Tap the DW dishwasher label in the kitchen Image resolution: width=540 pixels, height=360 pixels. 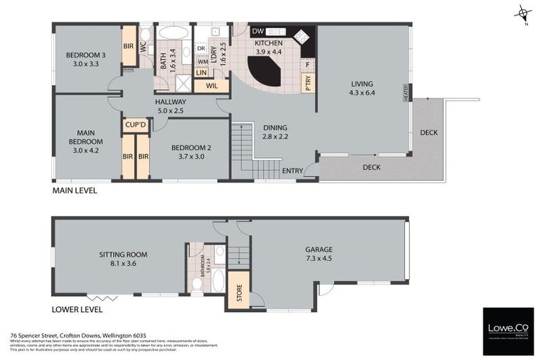tap(257, 32)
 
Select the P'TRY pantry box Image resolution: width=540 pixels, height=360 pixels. tap(308, 83)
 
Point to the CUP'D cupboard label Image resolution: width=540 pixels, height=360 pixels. tap(135, 125)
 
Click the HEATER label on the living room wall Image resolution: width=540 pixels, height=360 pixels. tap(406, 94)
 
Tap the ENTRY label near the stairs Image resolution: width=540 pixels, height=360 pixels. tap(292, 171)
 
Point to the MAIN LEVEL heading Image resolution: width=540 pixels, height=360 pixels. tap(75, 191)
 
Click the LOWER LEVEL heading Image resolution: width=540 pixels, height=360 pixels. tap(77, 309)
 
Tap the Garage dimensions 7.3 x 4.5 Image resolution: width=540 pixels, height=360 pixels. tap(318, 259)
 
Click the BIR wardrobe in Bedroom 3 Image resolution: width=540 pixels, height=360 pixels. tap(129, 46)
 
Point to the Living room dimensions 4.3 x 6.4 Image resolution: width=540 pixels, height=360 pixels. tap(363, 93)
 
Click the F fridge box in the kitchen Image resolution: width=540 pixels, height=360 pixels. tap(307, 64)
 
